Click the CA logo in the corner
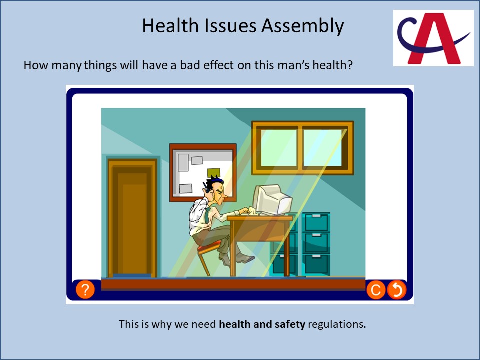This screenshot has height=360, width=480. (x=433, y=38)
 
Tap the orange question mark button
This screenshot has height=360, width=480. (x=85, y=289)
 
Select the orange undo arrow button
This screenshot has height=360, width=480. (x=397, y=290)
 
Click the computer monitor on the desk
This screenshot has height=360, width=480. (x=272, y=200)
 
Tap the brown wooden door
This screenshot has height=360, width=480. (x=132, y=218)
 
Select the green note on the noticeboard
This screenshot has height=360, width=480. (x=213, y=173)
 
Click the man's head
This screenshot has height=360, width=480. (x=216, y=190)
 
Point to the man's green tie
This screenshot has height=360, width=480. (x=207, y=215)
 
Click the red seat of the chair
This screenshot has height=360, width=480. (x=209, y=247)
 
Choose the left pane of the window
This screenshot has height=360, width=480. (x=278, y=148)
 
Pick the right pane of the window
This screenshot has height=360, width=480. (x=323, y=148)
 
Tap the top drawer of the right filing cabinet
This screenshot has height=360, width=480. (x=316, y=222)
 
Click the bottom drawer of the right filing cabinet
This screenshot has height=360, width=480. (x=316, y=264)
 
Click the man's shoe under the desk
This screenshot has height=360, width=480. (x=245, y=259)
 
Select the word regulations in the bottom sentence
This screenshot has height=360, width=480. (x=337, y=324)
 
